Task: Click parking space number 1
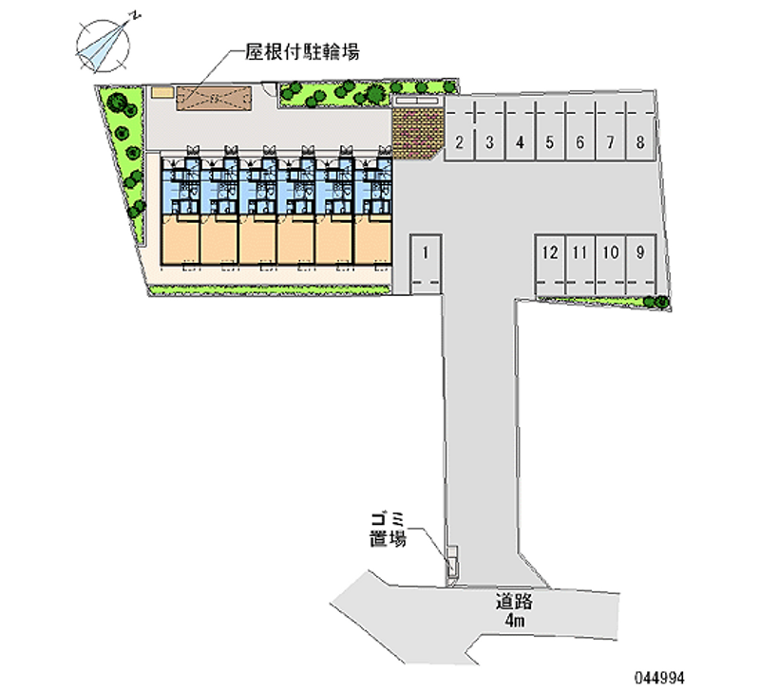pyautogui.click(x=426, y=265)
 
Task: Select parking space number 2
pyautogui.click(x=460, y=130)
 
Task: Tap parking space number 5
pyautogui.click(x=550, y=130)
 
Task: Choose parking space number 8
pyautogui.click(x=640, y=130)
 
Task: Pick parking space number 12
pyautogui.click(x=550, y=265)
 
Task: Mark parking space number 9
pyautogui.click(x=640, y=265)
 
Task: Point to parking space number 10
pyautogui.click(x=611, y=265)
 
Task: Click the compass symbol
pyautogui.click(x=104, y=47)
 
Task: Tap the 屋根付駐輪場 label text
pyautogui.click(x=302, y=51)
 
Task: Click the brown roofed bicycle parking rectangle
pyautogui.click(x=214, y=99)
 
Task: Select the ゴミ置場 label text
pyautogui.click(x=388, y=530)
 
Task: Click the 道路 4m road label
pyautogui.click(x=514, y=610)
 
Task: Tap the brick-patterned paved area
pyautogui.click(x=418, y=132)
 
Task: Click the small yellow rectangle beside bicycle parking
pyautogui.click(x=162, y=92)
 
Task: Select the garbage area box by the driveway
pyautogui.click(x=452, y=562)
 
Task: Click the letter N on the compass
pyautogui.click(x=136, y=16)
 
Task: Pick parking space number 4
pyautogui.click(x=520, y=130)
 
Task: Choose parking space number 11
pyautogui.click(x=580, y=265)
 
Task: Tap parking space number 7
pyautogui.click(x=610, y=130)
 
